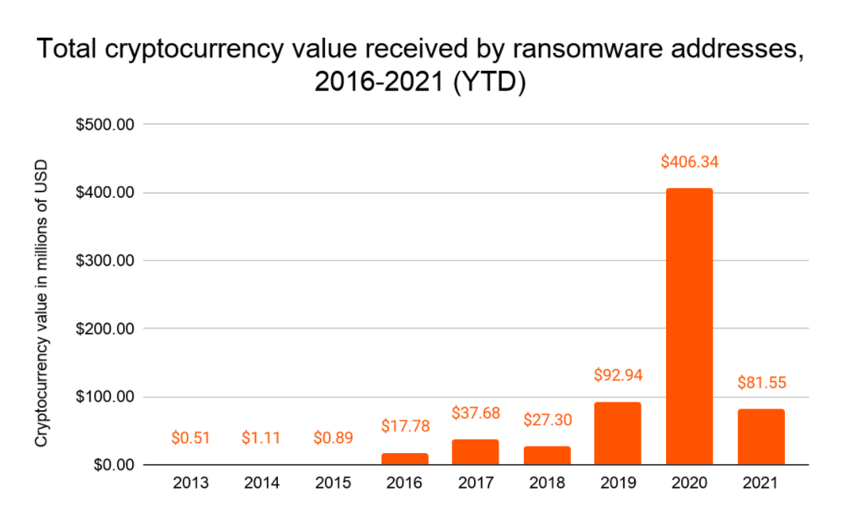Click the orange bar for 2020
[689, 327]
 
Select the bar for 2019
[617, 434]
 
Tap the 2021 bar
[760, 436]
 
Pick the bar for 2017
[475, 452]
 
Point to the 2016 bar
[404, 459]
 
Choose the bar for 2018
[547, 456]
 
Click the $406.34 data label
[689, 162]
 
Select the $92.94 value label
[617, 376]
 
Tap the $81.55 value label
[760, 382]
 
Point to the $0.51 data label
[190, 438]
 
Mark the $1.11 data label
[261, 438]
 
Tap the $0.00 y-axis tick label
[113, 465]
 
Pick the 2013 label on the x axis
[190, 484]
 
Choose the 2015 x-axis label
[333, 484]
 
